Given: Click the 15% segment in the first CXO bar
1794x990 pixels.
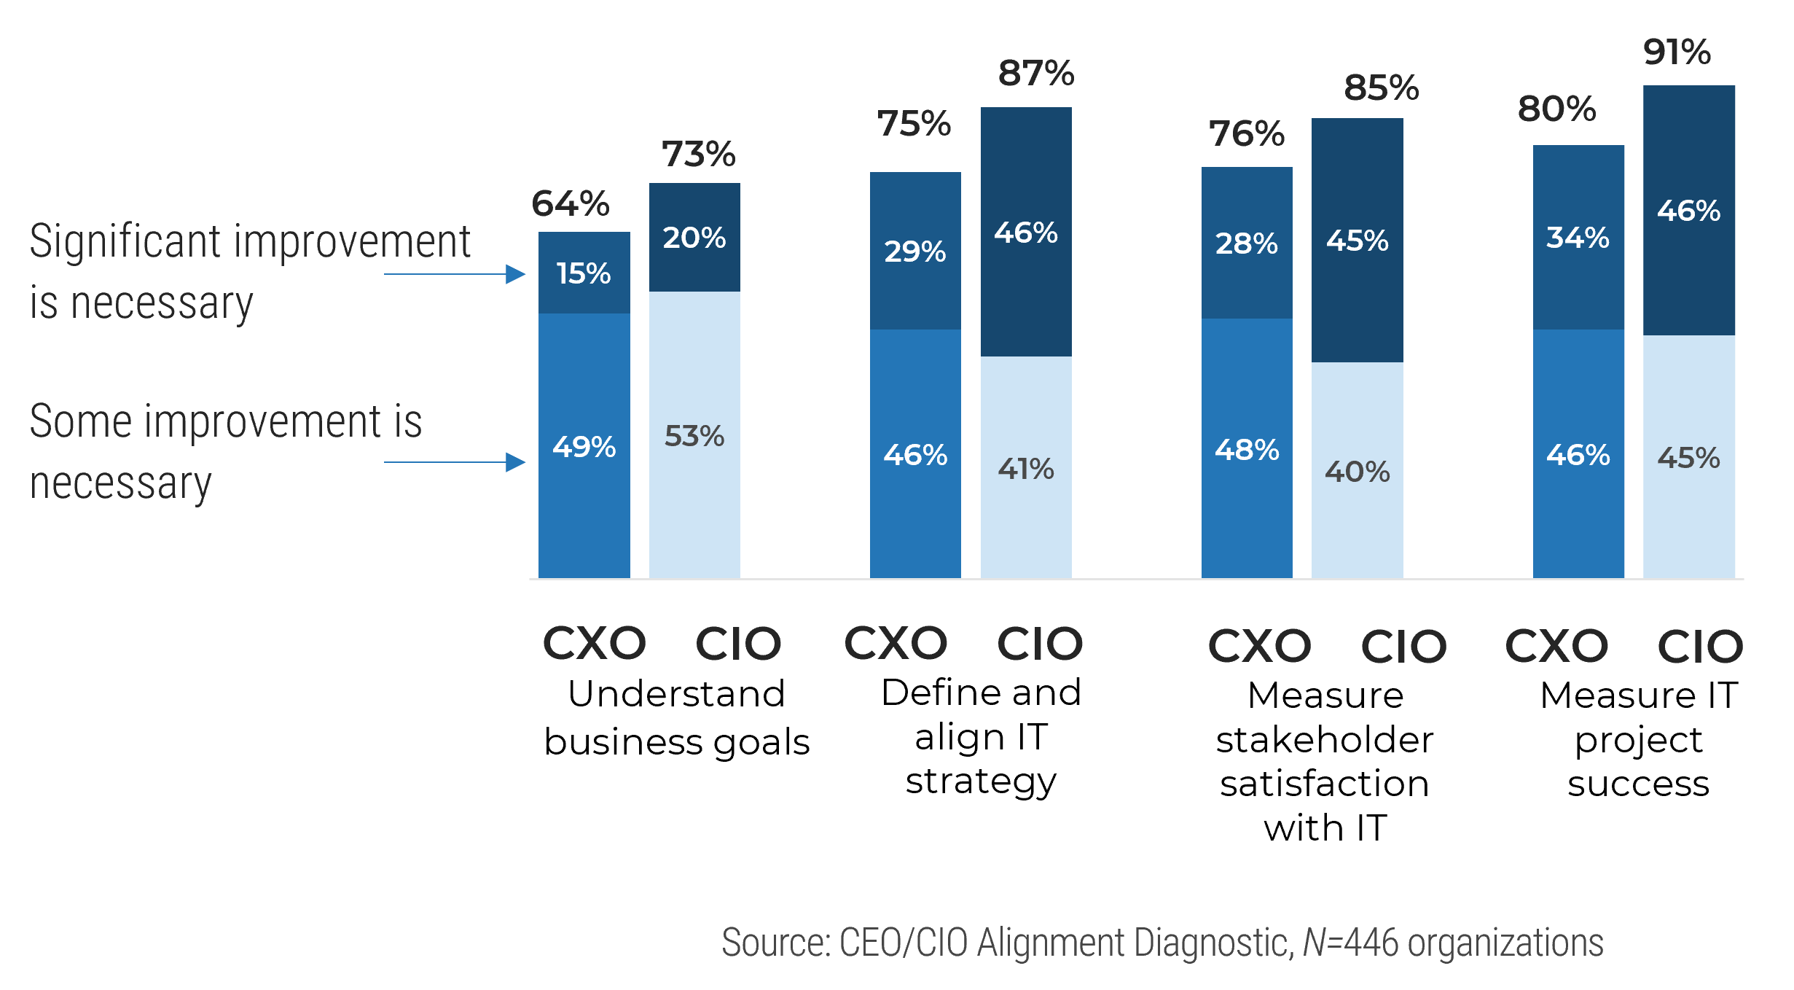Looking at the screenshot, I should (584, 273).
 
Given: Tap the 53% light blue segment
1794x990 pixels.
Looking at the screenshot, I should (694, 436).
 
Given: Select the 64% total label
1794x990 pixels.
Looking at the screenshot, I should (570, 203).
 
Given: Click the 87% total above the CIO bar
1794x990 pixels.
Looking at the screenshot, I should (1035, 74).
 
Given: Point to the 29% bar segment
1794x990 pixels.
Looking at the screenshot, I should (915, 252).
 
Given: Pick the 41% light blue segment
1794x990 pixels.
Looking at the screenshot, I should (1026, 469).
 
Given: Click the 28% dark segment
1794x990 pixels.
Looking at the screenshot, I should (1247, 243).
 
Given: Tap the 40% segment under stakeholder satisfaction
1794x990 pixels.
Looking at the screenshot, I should (1357, 472).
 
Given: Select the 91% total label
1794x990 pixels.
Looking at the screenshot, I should (1677, 52).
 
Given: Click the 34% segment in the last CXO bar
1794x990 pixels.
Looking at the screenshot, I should (1578, 238).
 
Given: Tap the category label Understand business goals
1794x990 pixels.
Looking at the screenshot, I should (677, 717).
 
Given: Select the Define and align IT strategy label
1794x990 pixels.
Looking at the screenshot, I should (981, 736).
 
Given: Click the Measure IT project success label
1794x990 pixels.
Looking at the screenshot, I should (1639, 739).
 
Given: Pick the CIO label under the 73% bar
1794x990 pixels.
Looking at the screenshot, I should (737, 644).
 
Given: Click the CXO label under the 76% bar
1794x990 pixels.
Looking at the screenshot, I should (1259, 646).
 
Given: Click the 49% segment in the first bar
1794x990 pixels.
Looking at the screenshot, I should (584, 446).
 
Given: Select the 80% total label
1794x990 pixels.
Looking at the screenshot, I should (1556, 109).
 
